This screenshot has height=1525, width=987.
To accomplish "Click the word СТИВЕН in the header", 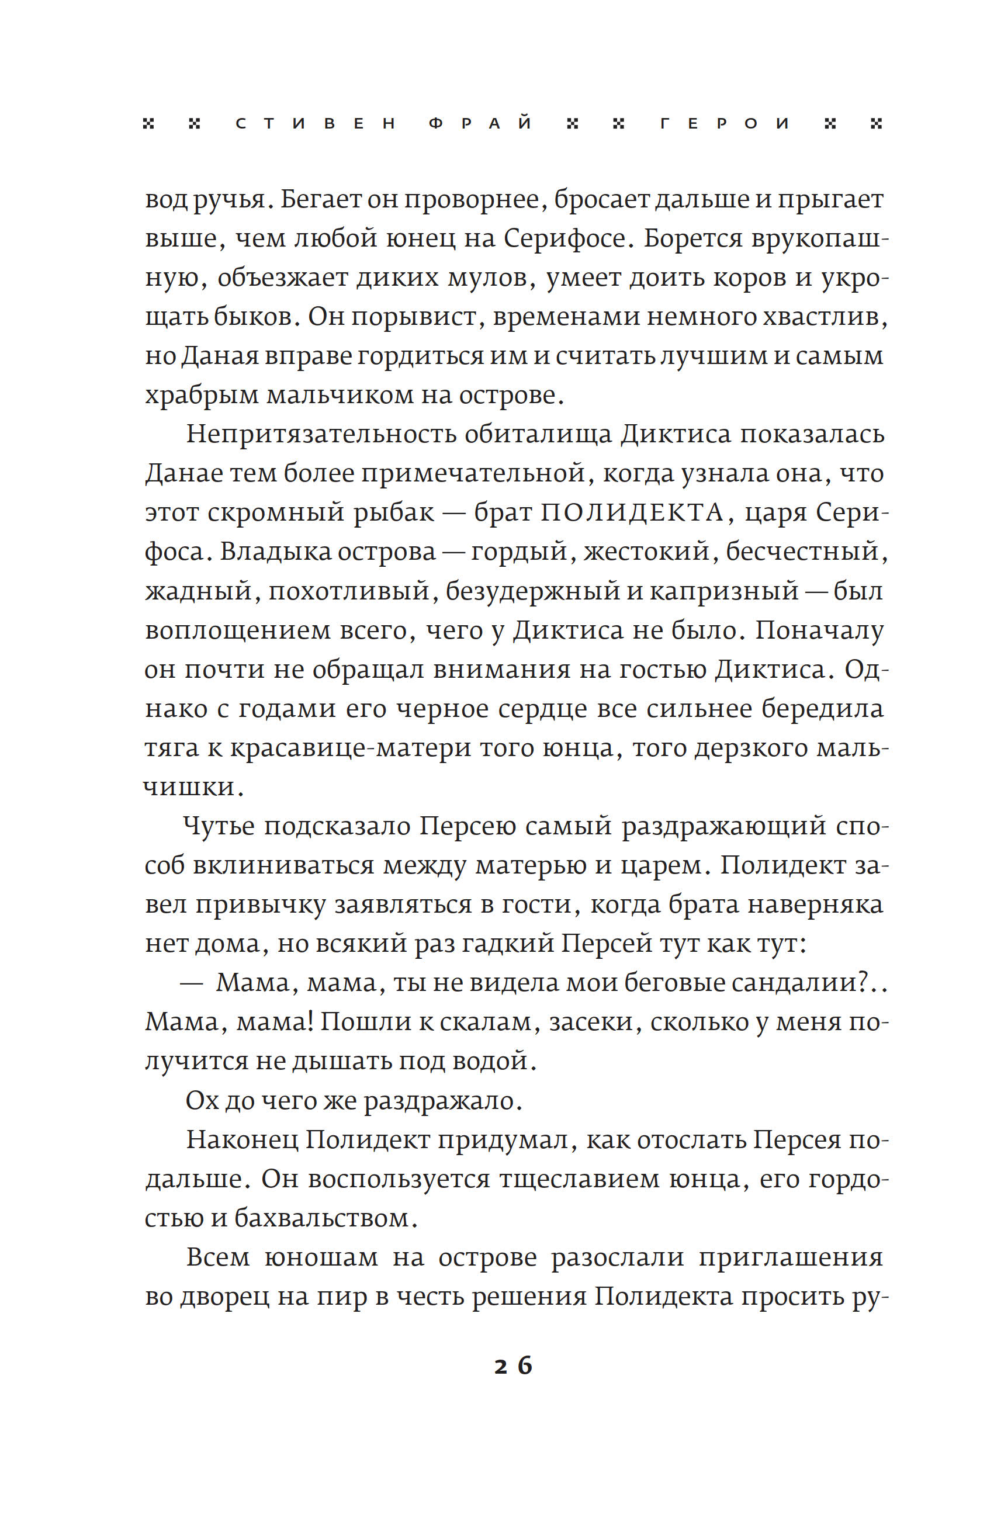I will click(x=316, y=124).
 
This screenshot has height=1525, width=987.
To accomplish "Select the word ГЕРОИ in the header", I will click(x=725, y=124).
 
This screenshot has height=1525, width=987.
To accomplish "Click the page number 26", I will click(x=513, y=1365).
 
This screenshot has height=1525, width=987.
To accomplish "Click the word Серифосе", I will click(x=564, y=239).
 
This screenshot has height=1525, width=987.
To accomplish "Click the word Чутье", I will click(x=219, y=826).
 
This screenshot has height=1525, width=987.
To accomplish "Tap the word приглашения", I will click(x=790, y=1258).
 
